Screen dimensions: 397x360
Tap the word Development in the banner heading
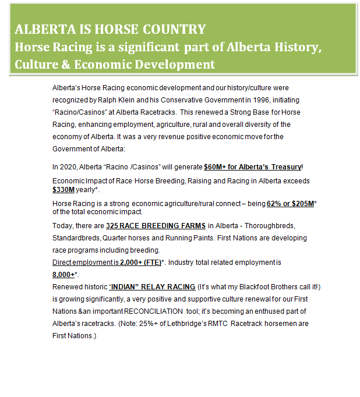(x=170, y=64)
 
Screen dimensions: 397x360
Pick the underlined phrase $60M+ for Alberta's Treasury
(x=252, y=167)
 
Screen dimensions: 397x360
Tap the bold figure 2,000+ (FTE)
(x=140, y=263)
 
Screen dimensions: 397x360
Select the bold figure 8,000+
(x=63, y=274)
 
